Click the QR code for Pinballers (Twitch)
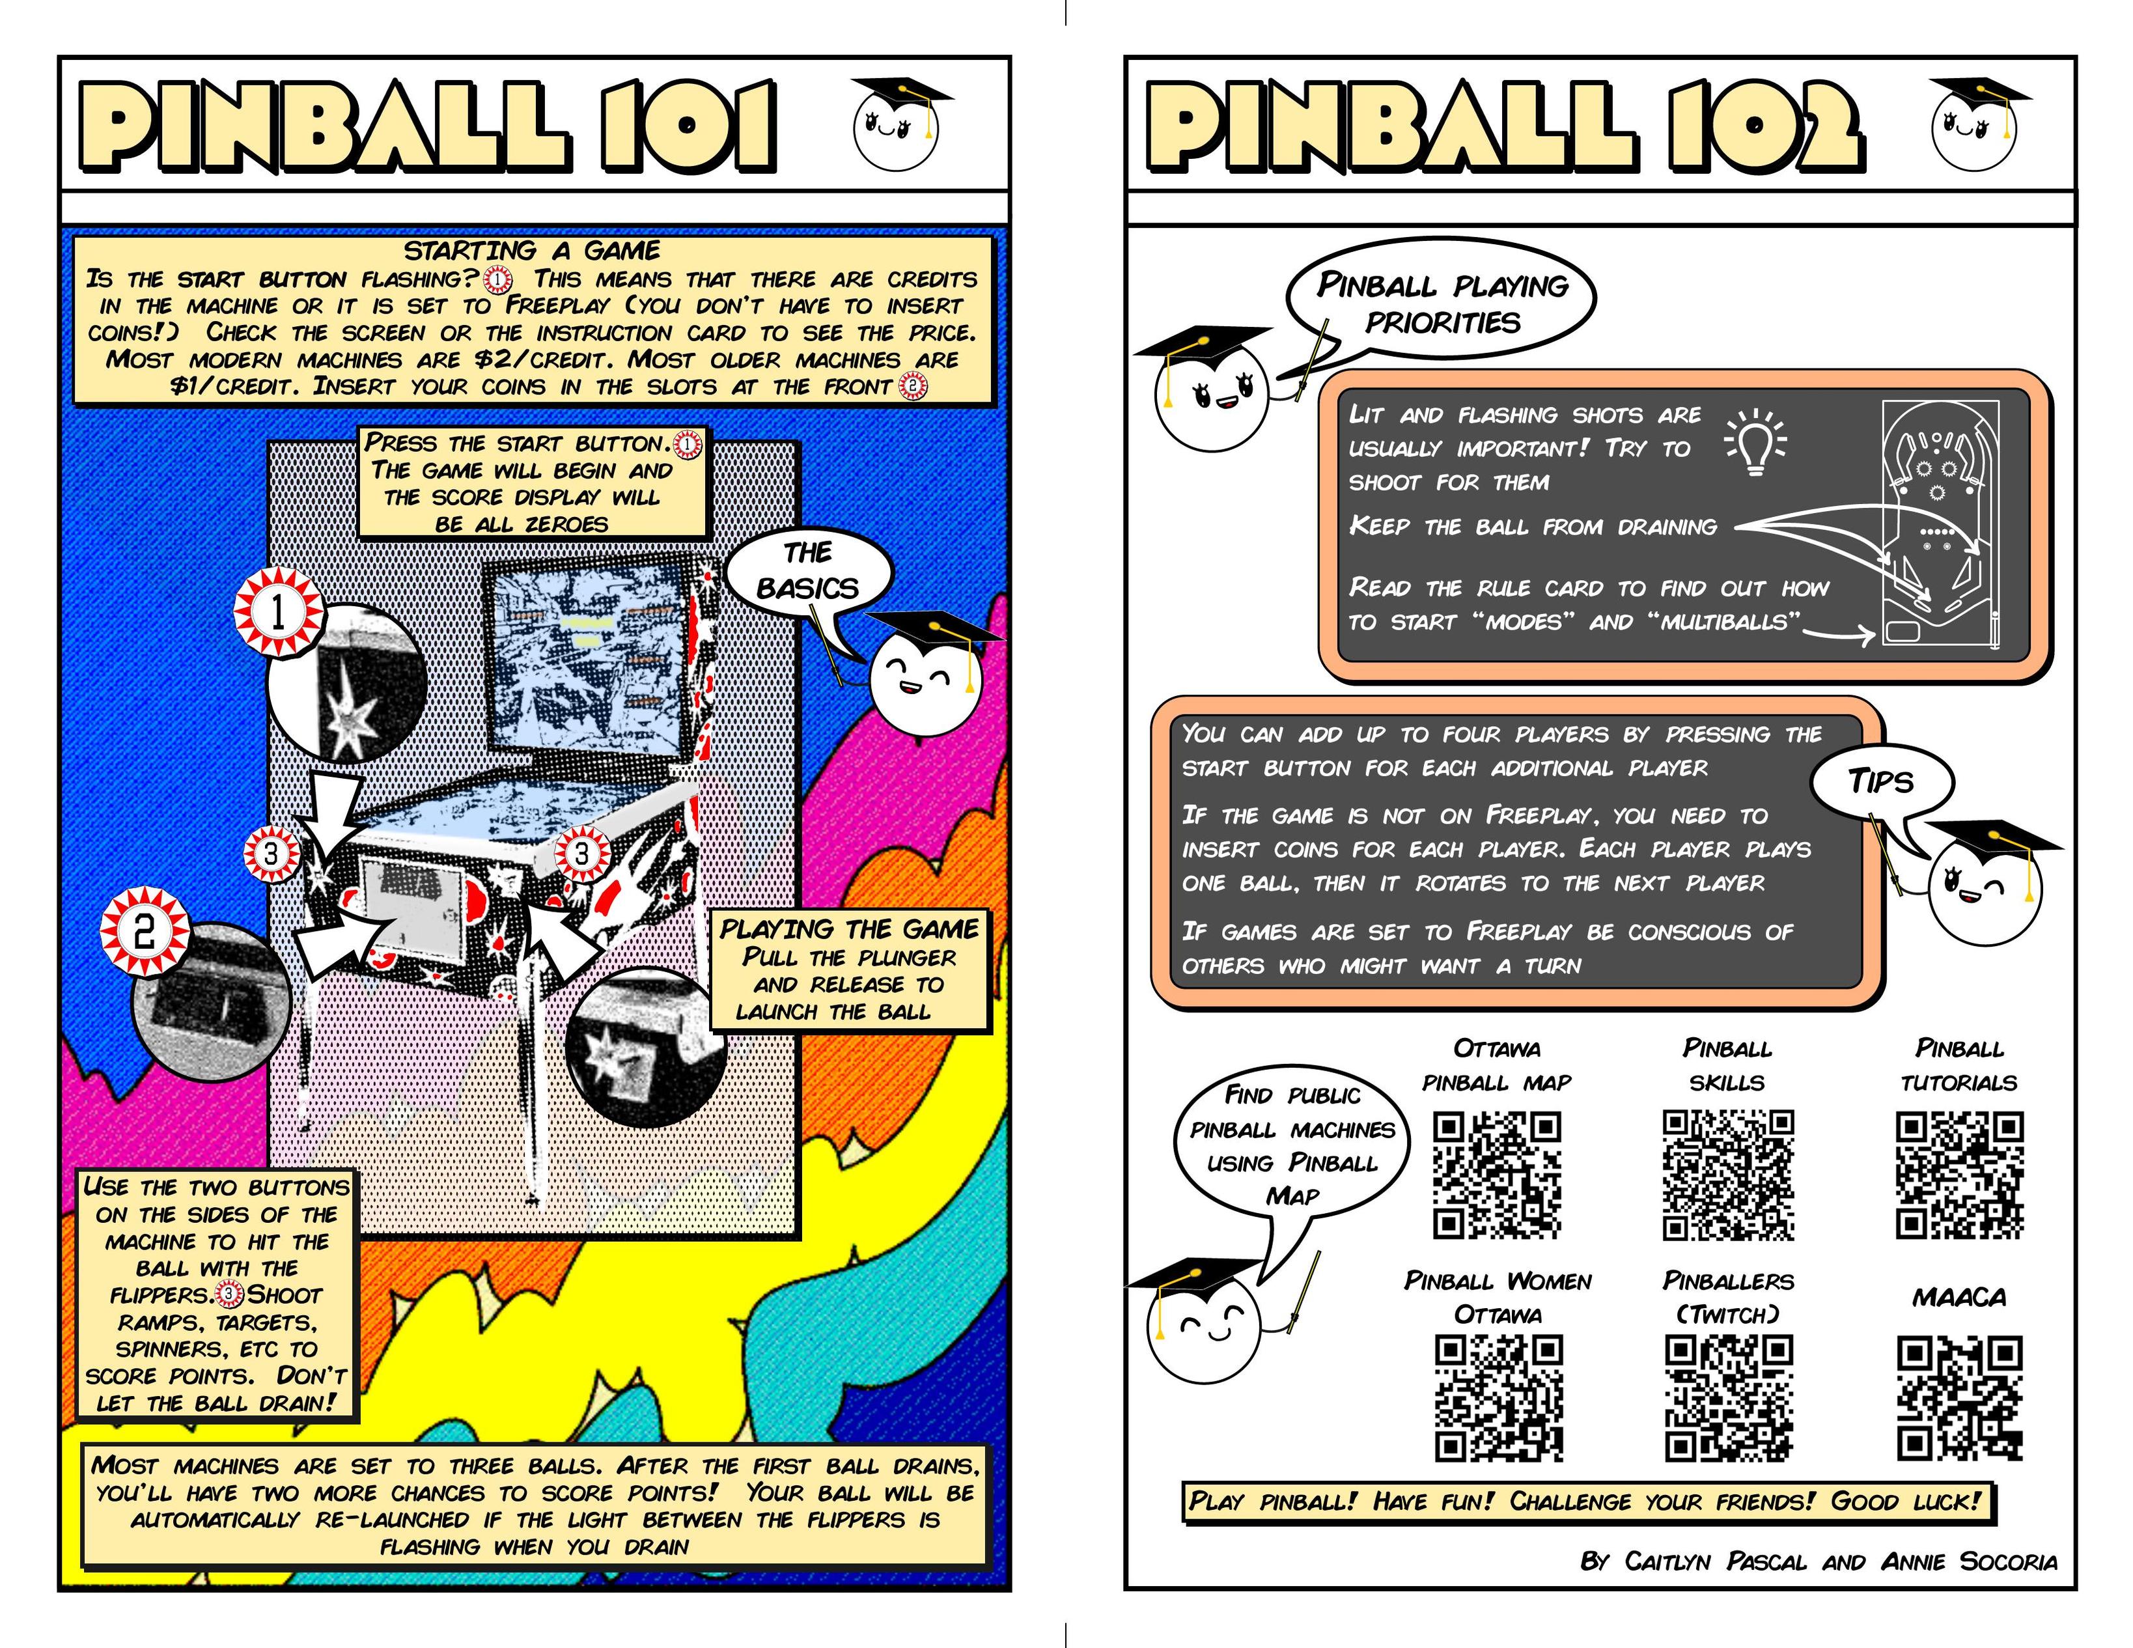point(1729,1399)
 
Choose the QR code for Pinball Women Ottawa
point(1498,1399)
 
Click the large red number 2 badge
point(145,930)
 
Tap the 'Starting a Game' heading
point(533,250)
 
